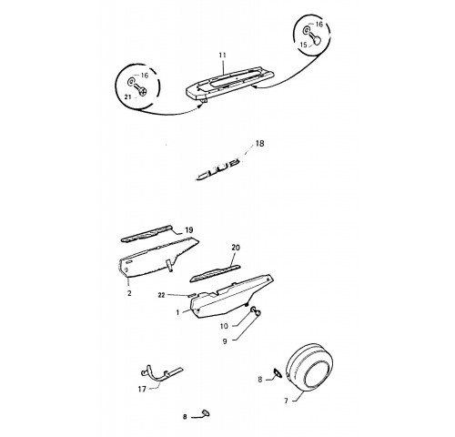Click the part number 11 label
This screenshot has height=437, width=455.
222,56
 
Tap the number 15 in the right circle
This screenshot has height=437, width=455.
303,45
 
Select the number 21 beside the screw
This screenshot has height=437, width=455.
127,97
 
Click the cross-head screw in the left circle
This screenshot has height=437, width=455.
141,90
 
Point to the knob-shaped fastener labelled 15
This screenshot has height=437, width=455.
317,39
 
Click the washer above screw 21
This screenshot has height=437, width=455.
132,81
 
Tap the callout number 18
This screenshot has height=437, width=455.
259,143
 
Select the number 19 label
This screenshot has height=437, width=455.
188,230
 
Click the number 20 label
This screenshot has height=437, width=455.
236,248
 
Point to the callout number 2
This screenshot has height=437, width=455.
129,293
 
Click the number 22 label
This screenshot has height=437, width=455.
161,295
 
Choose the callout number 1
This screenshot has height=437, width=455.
178,312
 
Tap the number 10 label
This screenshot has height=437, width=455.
224,326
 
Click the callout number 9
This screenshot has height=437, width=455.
225,341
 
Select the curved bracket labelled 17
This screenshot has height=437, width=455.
162,373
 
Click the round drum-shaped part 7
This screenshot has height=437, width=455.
309,367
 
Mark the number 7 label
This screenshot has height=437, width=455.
286,401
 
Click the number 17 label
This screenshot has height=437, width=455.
142,389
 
